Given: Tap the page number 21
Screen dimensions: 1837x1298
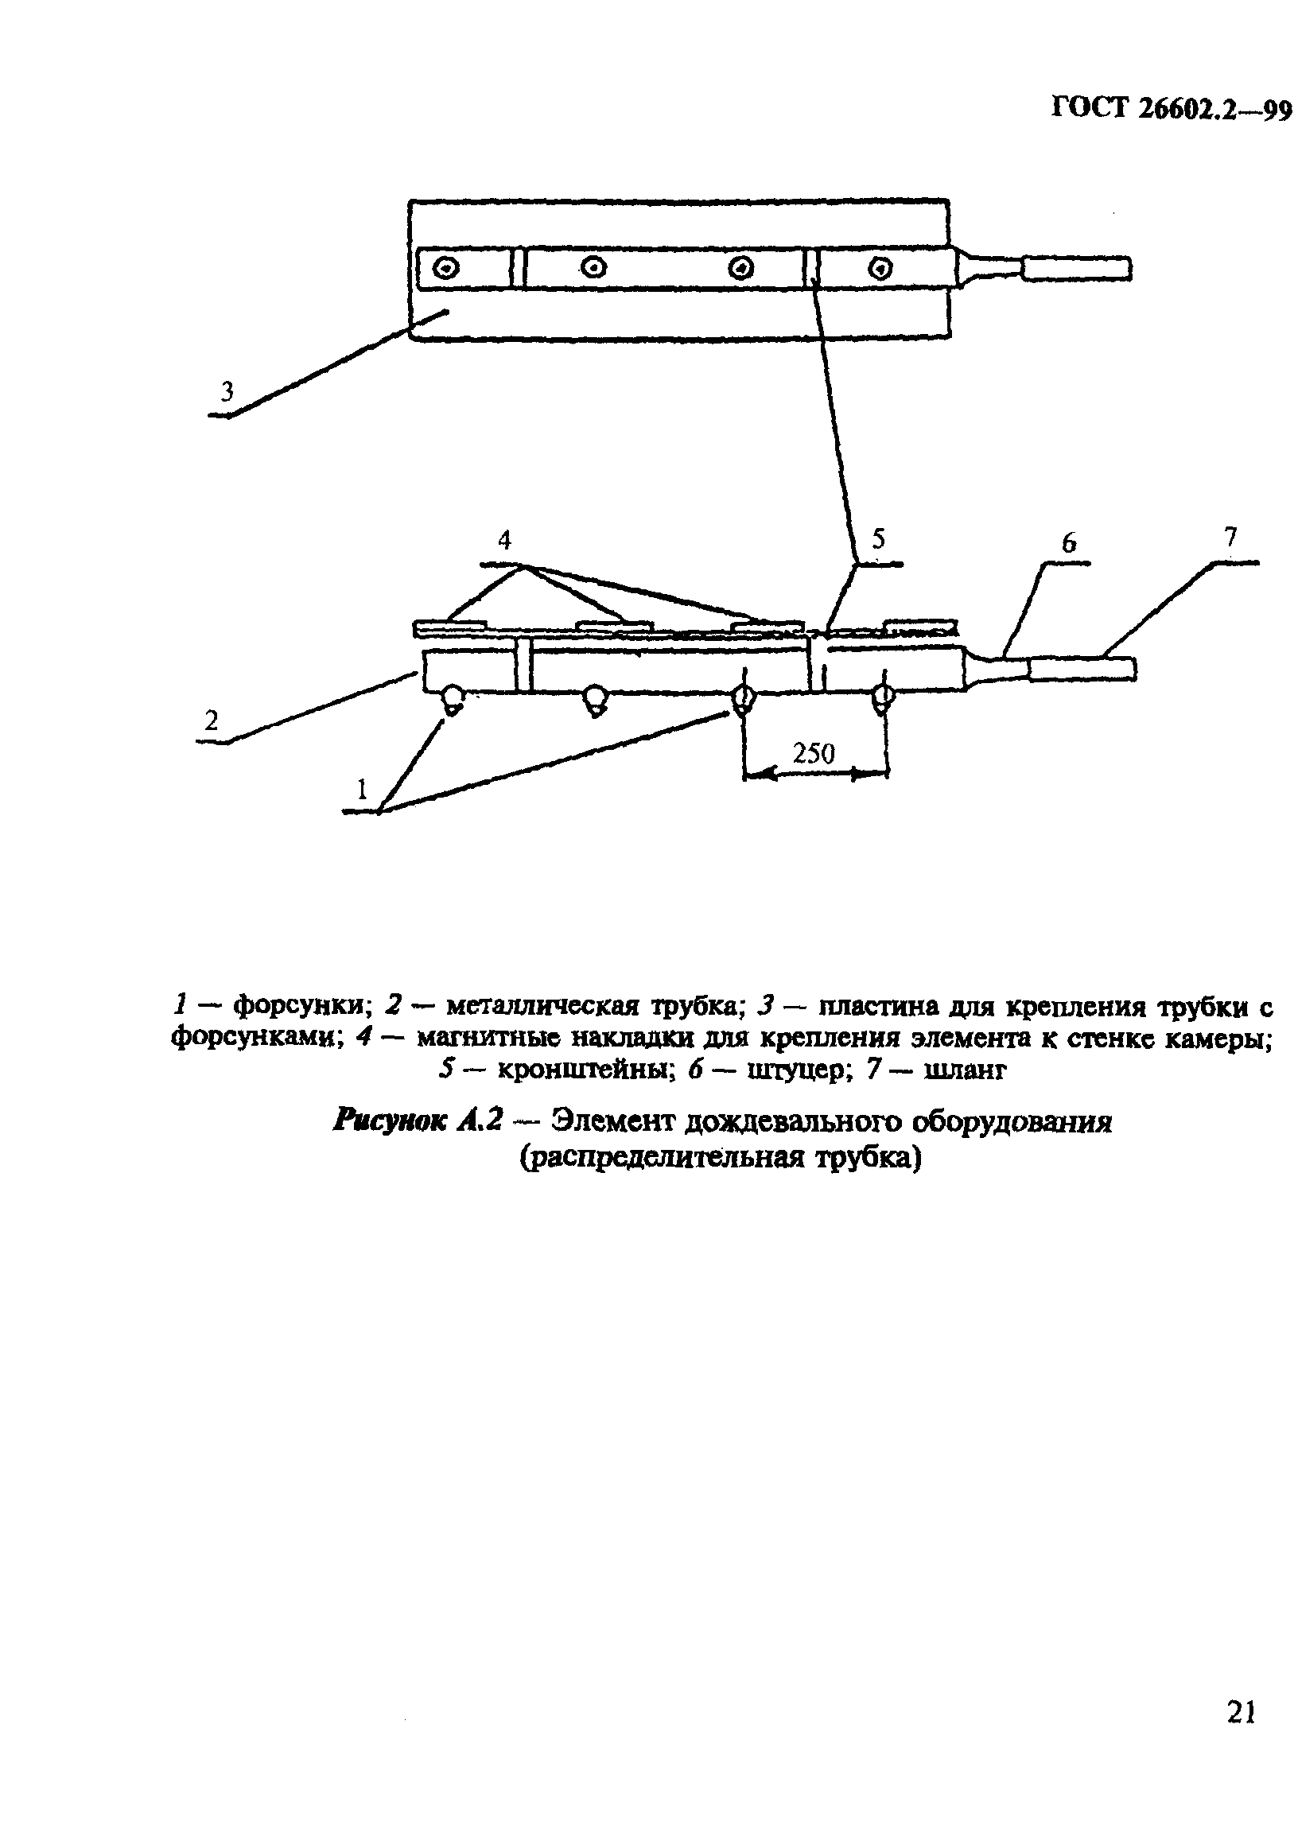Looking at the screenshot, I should click(x=1241, y=1712).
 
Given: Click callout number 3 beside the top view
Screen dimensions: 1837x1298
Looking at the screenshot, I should click(x=227, y=392).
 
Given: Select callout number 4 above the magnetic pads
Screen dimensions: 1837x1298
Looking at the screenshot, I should click(x=504, y=541).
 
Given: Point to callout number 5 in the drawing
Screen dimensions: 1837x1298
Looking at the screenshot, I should click(x=879, y=538).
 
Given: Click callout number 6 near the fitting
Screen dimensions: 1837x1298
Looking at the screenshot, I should click(x=1069, y=544).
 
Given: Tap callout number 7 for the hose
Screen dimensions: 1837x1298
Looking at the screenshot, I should click(x=1230, y=537).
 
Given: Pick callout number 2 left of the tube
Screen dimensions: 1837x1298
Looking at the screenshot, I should click(x=211, y=720).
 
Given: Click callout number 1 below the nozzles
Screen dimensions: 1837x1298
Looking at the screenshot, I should click(x=362, y=790).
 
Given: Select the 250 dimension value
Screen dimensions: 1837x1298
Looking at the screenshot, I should click(x=813, y=753).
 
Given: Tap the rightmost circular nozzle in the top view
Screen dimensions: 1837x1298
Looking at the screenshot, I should click(x=880, y=268).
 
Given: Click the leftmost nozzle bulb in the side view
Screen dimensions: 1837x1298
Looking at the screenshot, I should click(x=452, y=700).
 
